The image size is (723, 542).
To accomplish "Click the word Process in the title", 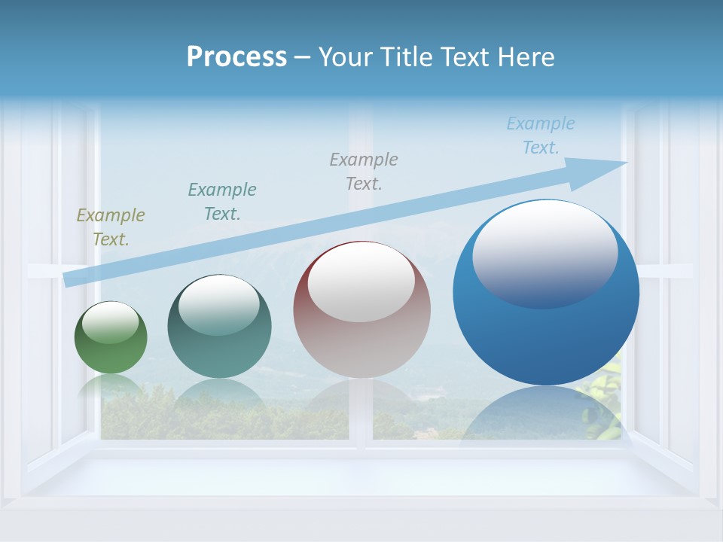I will (236, 57).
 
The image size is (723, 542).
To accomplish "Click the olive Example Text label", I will (111, 227).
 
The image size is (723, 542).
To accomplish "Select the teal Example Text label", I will (222, 201).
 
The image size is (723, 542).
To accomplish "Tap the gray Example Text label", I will (364, 171).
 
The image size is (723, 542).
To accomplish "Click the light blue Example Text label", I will (541, 135).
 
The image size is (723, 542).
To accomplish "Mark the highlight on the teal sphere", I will (218, 305).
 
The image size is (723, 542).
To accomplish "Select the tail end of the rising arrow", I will (69, 279).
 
